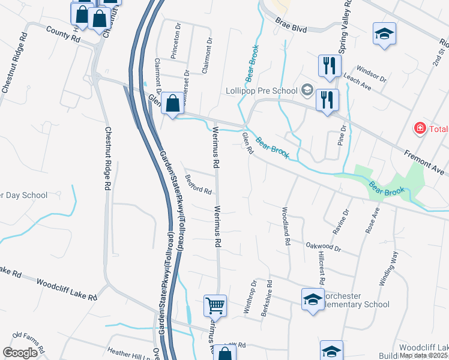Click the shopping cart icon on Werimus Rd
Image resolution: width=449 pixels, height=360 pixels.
(x=215, y=306)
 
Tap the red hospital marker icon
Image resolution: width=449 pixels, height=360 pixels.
(x=420, y=128)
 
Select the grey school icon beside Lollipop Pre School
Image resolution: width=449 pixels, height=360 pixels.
(x=307, y=91)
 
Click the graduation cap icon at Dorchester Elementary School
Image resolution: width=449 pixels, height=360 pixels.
(x=313, y=299)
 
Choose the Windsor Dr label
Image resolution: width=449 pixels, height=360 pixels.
(x=372, y=75)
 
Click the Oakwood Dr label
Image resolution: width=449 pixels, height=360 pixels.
(x=323, y=247)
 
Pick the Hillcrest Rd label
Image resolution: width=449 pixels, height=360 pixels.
(x=320, y=268)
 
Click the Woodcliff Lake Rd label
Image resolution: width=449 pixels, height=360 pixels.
(x=66, y=289)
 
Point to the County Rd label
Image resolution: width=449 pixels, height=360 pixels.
(x=62, y=37)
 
